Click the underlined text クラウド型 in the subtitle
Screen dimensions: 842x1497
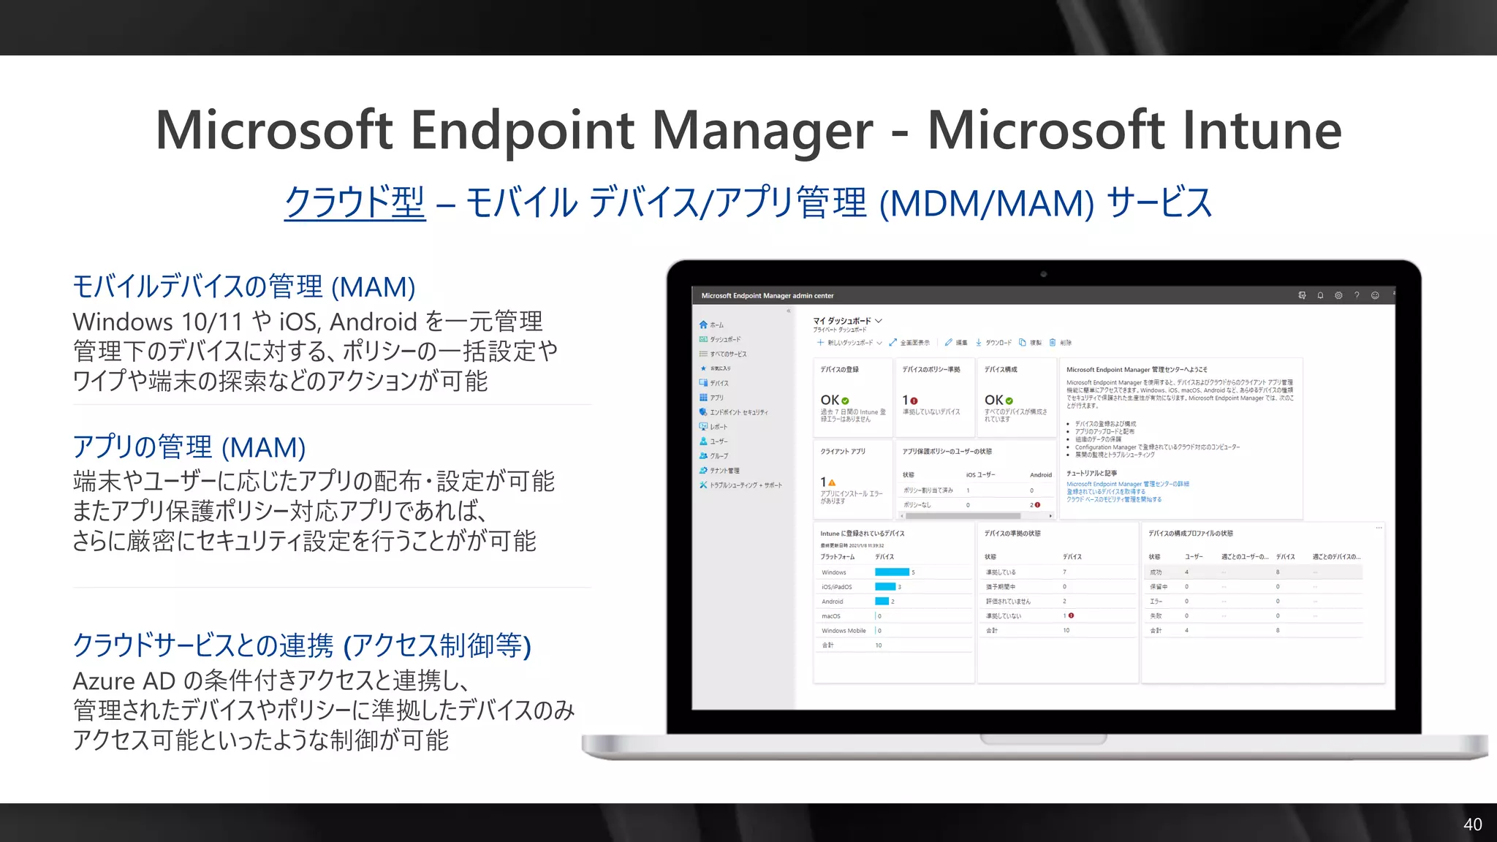355,202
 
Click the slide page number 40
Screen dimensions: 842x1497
1472,824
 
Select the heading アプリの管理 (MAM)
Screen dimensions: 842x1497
189,447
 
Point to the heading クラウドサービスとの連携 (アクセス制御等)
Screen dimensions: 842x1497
301,645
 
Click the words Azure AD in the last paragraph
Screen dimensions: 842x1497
124,681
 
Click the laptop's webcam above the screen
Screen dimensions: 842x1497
1043,274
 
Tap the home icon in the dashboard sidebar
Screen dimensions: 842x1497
703,325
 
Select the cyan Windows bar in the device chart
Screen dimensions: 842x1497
892,572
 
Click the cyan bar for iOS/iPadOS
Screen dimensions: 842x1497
885,587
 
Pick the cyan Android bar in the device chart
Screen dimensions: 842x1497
882,602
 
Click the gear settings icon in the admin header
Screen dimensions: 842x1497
1338,295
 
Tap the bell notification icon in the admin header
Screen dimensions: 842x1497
1320,295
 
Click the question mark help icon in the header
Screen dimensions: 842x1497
1357,295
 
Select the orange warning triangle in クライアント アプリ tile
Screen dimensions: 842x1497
832,482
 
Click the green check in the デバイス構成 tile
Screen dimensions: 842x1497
1009,401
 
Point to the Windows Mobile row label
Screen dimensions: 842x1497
844,631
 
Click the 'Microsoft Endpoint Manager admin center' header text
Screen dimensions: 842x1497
768,296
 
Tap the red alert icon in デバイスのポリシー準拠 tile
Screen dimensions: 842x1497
914,401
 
